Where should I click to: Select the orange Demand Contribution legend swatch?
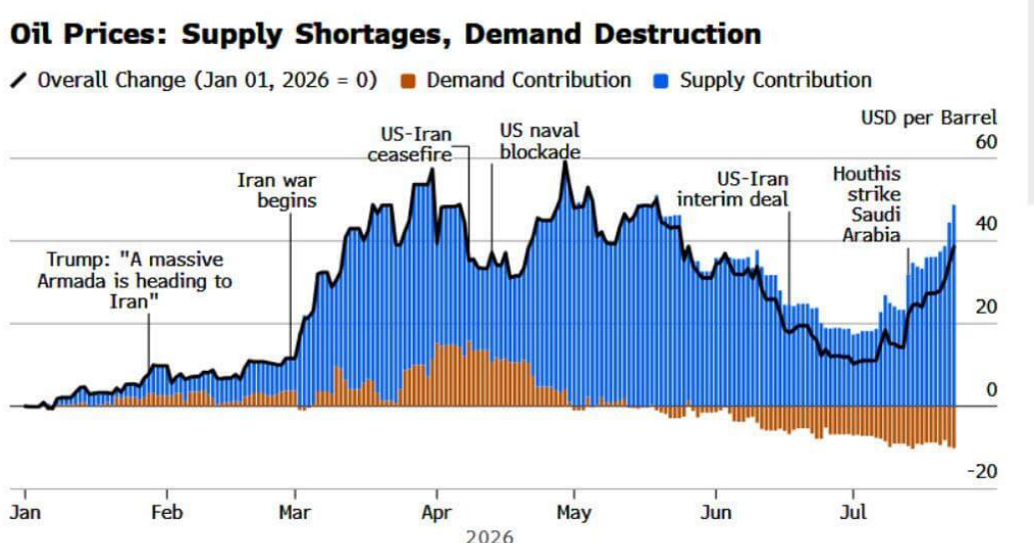click(x=409, y=81)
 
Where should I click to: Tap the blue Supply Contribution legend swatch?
click(x=661, y=81)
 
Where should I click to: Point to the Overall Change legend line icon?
click(x=19, y=81)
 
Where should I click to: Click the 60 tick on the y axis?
click(x=986, y=142)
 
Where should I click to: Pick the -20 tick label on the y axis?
click(x=982, y=471)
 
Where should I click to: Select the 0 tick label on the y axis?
click(x=991, y=389)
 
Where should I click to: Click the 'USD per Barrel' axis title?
click(x=929, y=117)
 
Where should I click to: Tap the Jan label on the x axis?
click(x=25, y=512)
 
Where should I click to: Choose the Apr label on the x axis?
click(x=437, y=512)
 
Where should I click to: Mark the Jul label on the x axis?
click(x=853, y=512)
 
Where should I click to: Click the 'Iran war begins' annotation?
click(x=277, y=190)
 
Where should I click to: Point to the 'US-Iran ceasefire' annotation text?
click(x=411, y=144)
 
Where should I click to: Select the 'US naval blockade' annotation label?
click(x=540, y=141)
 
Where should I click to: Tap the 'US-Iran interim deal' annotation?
click(x=732, y=189)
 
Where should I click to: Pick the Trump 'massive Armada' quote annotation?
click(x=135, y=280)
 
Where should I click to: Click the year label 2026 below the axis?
click(x=490, y=536)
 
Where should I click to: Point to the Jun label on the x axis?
click(x=716, y=512)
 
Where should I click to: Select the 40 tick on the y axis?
click(x=986, y=224)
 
